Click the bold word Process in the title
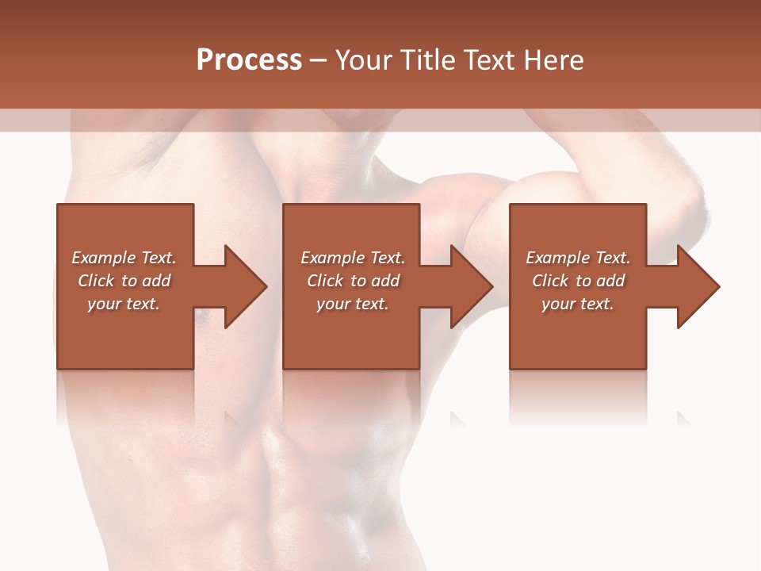(249, 60)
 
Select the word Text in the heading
(487, 60)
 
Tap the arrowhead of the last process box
(697, 286)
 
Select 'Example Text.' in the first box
(124, 258)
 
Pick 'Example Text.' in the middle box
(353, 258)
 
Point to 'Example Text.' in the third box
(578, 258)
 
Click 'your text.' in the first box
(124, 304)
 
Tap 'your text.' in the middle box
(353, 304)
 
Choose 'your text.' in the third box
(578, 304)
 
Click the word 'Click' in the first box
(97, 281)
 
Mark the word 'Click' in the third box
(551, 281)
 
